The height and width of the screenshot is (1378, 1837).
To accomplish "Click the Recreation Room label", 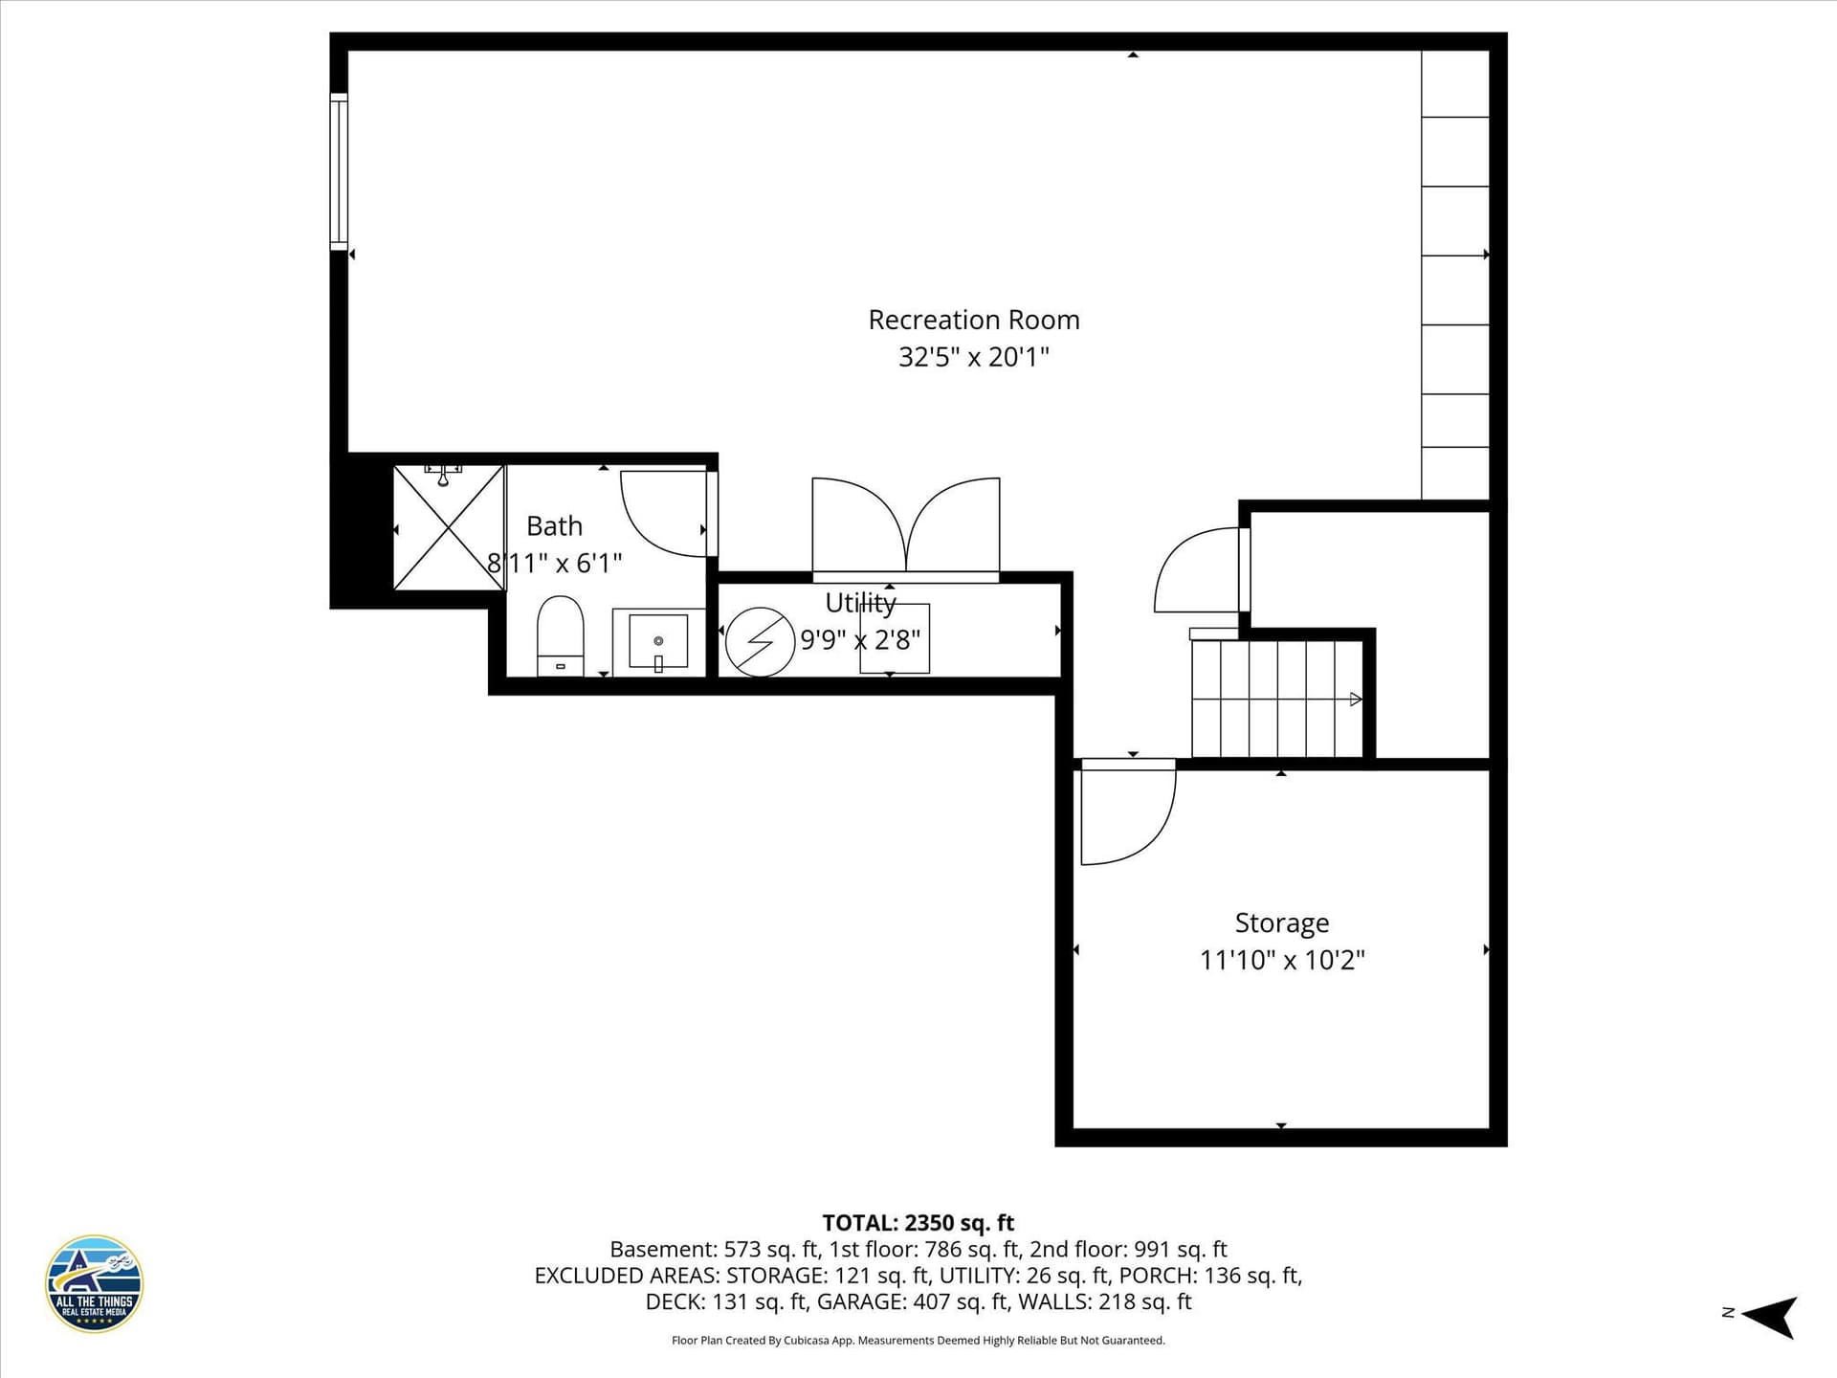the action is click(x=974, y=320).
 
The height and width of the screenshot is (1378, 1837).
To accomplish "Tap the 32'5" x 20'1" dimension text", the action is click(x=974, y=357).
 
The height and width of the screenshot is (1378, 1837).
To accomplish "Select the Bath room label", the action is click(x=554, y=526).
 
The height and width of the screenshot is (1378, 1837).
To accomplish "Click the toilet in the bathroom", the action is click(x=561, y=635).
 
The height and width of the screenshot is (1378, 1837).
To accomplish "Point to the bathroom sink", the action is click(x=658, y=642).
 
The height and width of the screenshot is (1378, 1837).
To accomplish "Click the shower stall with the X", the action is click(x=449, y=527).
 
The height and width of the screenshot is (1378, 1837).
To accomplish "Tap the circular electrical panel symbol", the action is click(x=761, y=642).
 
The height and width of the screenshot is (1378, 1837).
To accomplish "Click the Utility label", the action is click(x=860, y=603).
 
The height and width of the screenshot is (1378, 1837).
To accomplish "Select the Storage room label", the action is click(x=1282, y=922).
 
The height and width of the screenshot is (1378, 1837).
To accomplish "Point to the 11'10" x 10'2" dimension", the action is click(x=1282, y=960).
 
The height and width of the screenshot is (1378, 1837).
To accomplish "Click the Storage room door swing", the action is click(x=1128, y=812).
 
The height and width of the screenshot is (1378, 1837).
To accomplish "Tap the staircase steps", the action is click(x=1277, y=699).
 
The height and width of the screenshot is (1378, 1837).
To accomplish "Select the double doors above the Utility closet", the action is click(x=906, y=529).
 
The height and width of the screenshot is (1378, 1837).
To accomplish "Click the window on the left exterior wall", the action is click(x=339, y=172).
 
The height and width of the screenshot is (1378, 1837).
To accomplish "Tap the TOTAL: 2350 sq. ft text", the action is click(x=918, y=1223).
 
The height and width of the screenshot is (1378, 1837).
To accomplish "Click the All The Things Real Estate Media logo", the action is click(x=94, y=1283).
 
